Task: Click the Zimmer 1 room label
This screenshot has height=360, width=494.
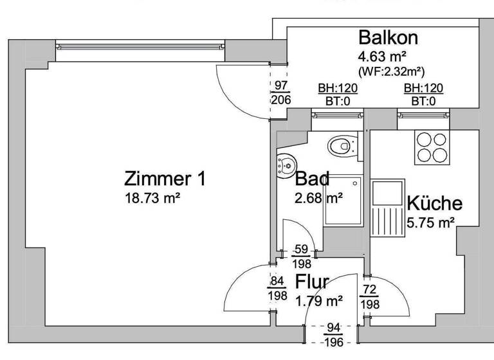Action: point(165,179)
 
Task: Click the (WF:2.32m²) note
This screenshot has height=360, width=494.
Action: point(390,70)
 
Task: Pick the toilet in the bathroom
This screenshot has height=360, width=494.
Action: point(341,146)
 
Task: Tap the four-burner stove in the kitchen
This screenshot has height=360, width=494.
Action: point(432,147)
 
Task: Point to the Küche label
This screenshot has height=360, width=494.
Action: point(434,204)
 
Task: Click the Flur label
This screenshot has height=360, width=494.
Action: point(312,282)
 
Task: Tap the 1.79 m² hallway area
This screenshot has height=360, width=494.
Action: point(318,300)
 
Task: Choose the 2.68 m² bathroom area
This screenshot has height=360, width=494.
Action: point(318,197)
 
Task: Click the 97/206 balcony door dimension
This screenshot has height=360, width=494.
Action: point(281,93)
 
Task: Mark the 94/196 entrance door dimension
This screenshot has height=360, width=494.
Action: point(333,334)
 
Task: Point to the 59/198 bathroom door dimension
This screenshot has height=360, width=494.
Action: point(302,256)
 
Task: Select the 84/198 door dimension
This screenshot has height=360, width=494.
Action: point(277,287)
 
